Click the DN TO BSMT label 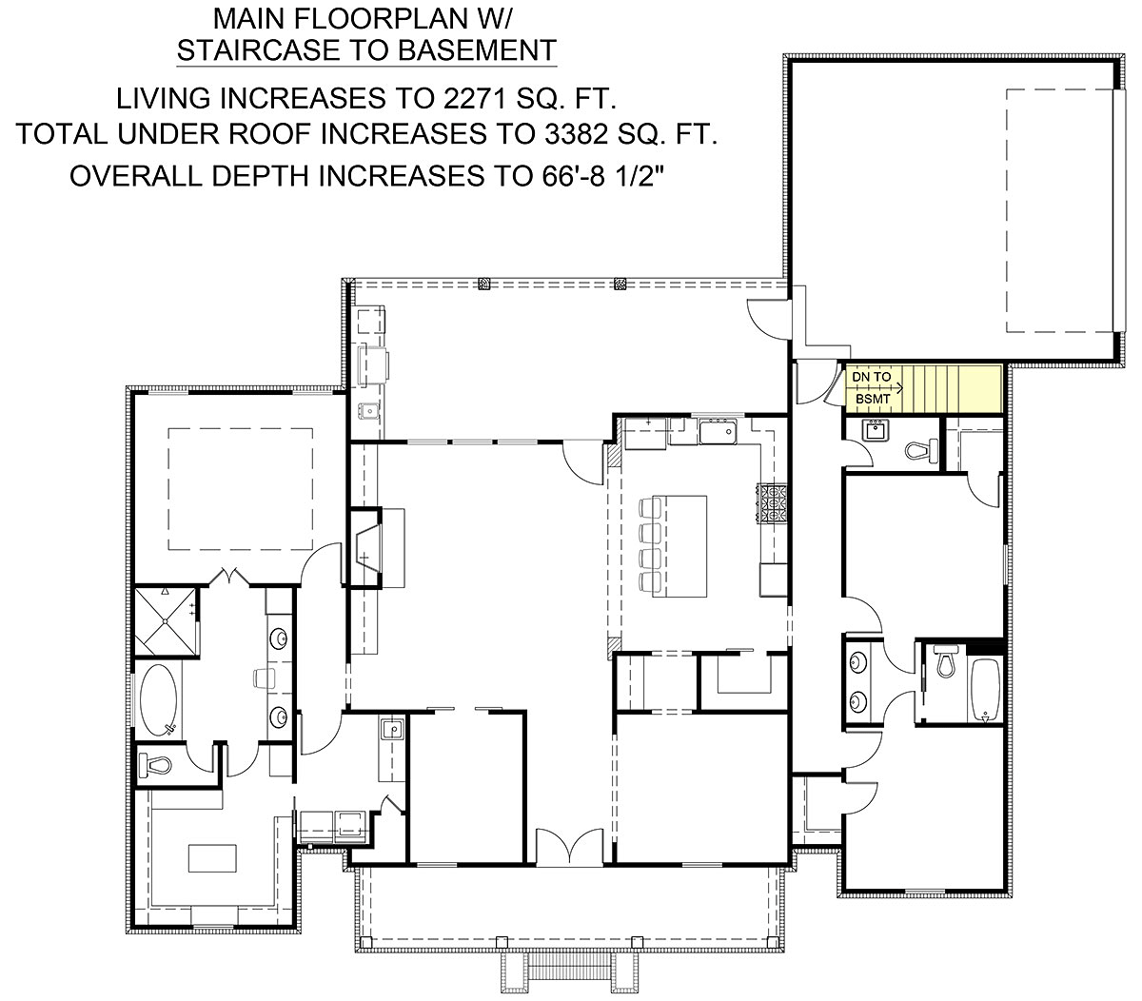[871, 388]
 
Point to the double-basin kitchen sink [719, 434]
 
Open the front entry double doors [568, 846]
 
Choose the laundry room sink [392, 730]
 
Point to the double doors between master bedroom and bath [229, 577]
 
